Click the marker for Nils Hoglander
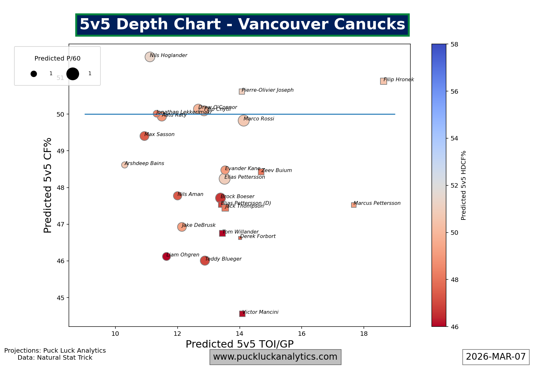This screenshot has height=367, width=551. click(150, 57)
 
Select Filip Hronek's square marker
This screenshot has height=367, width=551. click(384, 81)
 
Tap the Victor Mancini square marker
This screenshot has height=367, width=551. click(242, 314)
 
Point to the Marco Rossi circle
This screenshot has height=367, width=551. click(244, 120)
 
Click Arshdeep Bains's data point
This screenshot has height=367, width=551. click(125, 165)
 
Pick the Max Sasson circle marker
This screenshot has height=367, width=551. click(144, 136)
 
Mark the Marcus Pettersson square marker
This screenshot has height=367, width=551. click(354, 205)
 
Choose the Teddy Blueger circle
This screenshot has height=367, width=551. click(205, 261)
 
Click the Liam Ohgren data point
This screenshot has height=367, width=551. click(166, 256)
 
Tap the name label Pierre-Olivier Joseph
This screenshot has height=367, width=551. click(268, 90)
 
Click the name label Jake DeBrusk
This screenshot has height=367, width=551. click(199, 225)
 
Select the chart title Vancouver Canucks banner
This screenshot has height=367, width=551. click(242, 25)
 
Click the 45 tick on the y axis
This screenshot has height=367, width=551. click(61, 298)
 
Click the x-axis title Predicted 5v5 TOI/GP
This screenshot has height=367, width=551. click(239, 344)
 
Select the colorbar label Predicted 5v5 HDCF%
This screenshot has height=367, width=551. click(464, 185)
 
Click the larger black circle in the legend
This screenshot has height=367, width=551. click(73, 74)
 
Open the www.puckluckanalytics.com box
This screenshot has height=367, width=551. click(275, 357)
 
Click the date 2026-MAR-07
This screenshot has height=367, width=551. click(496, 357)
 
